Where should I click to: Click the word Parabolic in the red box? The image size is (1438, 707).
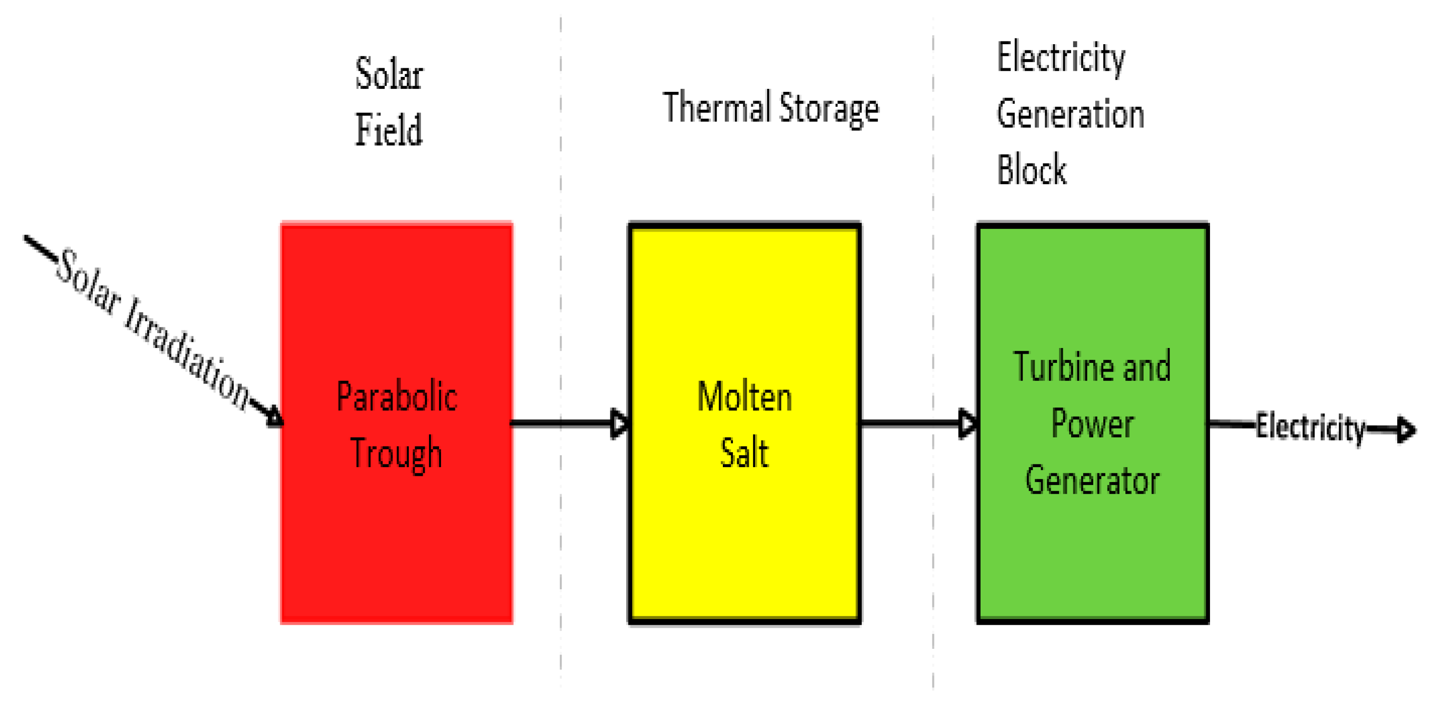[397, 396]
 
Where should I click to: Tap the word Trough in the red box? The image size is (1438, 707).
[396, 453]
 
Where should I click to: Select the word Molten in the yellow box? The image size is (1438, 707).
[744, 396]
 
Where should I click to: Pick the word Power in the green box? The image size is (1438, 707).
[1092, 423]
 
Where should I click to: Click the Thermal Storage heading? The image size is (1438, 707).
[770, 108]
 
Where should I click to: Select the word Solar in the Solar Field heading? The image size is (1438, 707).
[389, 74]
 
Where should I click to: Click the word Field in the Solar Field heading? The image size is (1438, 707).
[389, 129]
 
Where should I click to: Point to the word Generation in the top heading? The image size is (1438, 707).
[1070, 114]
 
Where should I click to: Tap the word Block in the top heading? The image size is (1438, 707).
[1032, 169]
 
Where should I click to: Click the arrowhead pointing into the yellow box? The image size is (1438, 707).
[619, 423]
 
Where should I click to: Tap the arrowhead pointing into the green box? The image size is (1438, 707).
[968, 423]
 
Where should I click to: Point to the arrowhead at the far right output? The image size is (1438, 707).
[1406, 430]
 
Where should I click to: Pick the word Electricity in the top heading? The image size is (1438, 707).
[1060, 58]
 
